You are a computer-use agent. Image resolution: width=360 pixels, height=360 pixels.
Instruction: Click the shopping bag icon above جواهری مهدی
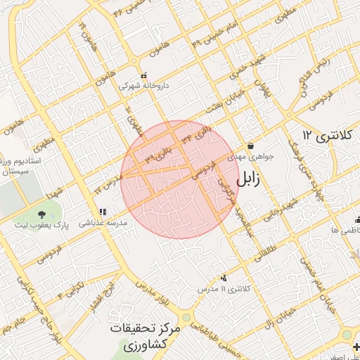click(x=250, y=146)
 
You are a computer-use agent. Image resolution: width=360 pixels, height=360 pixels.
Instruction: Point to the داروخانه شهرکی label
click(x=143, y=86)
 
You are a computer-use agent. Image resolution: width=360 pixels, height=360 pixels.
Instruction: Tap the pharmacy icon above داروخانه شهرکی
click(x=143, y=75)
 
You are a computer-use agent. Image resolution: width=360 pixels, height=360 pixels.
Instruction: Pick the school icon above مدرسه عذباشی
click(x=103, y=211)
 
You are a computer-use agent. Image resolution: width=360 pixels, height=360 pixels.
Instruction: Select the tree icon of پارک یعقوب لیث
click(x=42, y=212)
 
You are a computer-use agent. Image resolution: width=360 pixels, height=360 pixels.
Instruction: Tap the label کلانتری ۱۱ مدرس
click(x=225, y=289)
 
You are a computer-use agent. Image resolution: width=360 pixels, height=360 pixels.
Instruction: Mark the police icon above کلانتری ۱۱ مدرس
click(x=224, y=278)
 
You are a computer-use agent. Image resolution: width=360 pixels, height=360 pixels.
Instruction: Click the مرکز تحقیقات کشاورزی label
click(x=146, y=337)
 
